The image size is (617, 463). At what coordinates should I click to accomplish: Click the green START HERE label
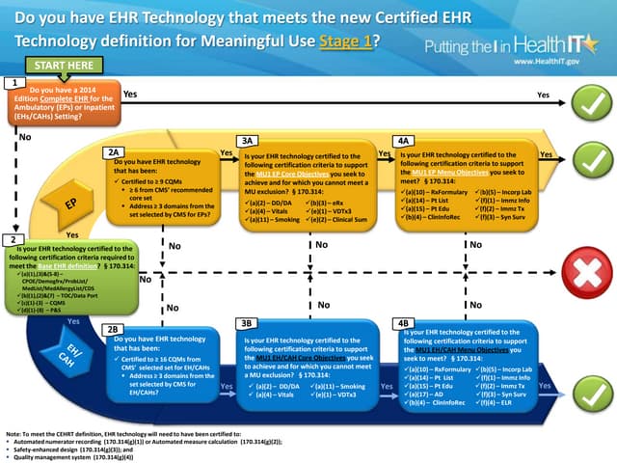pyautogui.click(x=65, y=65)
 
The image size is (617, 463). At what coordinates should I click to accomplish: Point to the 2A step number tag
pyautogui.click(x=113, y=152)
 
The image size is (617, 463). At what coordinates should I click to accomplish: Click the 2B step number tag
pyautogui.click(x=113, y=330)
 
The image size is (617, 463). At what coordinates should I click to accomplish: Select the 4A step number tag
pyautogui.click(x=405, y=141)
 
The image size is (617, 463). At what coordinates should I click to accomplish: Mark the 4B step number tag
pyautogui.click(x=405, y=322)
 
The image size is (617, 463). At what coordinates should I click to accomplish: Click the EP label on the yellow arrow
pyautogui.click(x=70, y=204)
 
